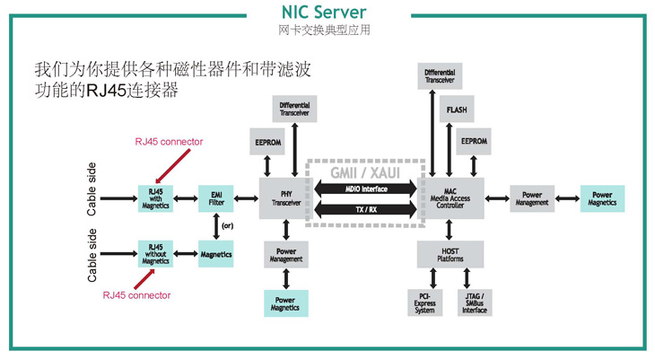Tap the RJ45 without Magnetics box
pyautogui.click(x=155, y=254)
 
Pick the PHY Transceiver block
pyautogui.click(x=284, y=198)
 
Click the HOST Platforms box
pyautogui.click(x=451, y=254)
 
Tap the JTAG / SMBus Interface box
pyautogui.click(x=475, y=303)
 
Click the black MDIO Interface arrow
pyautogui.click(x=366, y=189)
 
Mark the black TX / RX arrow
pyautogui.click(x=366, y=210)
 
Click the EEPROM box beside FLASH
pyautogui.click(x=473, y=141)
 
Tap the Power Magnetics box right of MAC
pyautogui.click(x=602, y=198)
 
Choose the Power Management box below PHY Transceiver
pyautogui.click(x=284, y=254)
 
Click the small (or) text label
pyautogui.click(x=228, y=225)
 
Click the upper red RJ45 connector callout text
pyautogui.click(x=169, y=141)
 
